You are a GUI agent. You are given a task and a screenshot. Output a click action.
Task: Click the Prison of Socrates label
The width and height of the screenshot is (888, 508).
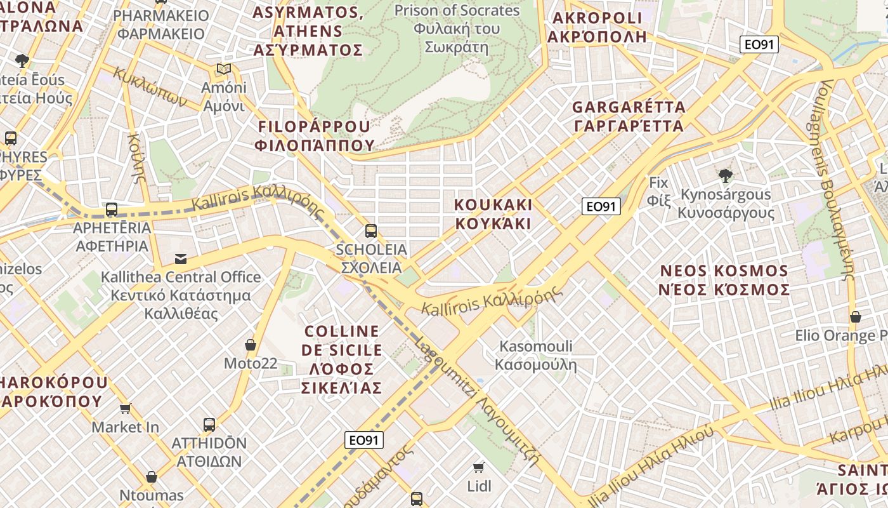(457, 29)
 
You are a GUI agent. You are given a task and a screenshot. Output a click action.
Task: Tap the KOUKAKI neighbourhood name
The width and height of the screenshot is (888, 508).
(493, 214)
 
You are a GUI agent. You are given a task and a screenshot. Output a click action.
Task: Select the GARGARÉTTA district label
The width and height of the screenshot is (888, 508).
(629, 116)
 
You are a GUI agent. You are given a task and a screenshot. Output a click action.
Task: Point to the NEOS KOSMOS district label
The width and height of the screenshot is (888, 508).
(725, 280)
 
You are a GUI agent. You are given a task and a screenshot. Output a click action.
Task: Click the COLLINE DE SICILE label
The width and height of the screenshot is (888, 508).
(342, 359)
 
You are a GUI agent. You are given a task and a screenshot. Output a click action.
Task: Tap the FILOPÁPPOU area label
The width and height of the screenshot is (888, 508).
(315, 136)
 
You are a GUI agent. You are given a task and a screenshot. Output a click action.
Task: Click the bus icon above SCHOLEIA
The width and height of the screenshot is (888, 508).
(371, 231)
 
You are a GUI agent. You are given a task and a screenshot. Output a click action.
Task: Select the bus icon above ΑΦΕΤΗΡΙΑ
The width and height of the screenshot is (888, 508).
(112, 209)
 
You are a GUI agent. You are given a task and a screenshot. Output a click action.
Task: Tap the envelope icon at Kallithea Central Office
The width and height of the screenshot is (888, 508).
(181, 258)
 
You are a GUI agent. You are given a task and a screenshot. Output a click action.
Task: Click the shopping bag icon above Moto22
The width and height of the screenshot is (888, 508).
(251, 345)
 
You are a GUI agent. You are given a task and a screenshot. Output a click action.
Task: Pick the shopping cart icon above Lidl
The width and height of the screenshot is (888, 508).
(479, 468)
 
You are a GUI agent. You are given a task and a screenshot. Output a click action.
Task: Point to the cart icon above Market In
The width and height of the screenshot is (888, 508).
(125, 408)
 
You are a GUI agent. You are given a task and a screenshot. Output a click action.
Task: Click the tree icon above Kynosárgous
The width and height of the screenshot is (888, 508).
(726, 175)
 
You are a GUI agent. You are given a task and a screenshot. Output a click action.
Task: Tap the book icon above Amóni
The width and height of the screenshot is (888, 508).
(223, 69)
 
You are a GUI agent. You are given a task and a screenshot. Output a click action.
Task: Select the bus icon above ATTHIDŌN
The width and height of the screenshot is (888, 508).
(209, 424)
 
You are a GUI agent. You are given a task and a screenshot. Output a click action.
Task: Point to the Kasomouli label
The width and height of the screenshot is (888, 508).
(536, 356)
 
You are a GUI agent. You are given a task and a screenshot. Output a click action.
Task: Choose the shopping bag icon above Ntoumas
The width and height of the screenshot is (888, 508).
(152, 477)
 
